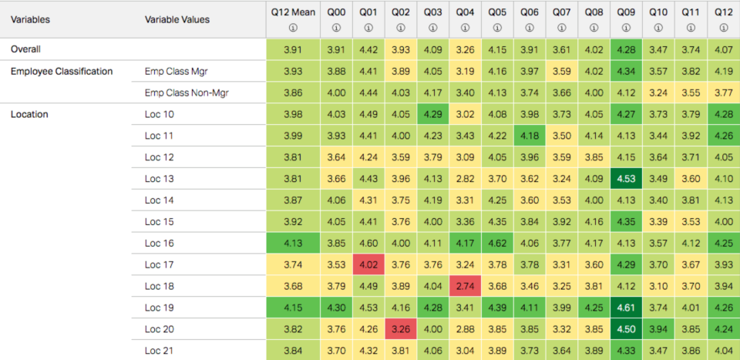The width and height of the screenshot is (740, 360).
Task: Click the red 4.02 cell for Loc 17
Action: pos(368,264)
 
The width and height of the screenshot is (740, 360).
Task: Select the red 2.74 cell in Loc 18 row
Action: pos(465,286)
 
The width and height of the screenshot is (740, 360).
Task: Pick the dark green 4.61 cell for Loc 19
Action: pos(626,308)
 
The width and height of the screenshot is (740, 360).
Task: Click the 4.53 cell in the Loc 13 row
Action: pos(626,179)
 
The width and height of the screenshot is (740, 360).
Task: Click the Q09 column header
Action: pos(626,12)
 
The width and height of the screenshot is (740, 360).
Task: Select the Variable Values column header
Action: pos(177,19)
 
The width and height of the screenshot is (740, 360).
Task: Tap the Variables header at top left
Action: pos(32,19)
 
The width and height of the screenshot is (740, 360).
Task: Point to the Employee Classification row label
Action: pos(62,72)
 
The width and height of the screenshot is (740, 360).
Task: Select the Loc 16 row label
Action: pos(160,244)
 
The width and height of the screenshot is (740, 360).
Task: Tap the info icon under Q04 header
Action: pos(465,28)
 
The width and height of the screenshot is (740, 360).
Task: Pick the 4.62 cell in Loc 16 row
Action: pos(497,244)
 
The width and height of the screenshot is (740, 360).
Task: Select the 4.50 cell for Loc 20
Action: pos(626,329)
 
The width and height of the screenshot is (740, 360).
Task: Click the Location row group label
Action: pos(29,115)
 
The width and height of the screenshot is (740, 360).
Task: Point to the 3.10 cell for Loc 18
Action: pos(658,286)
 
